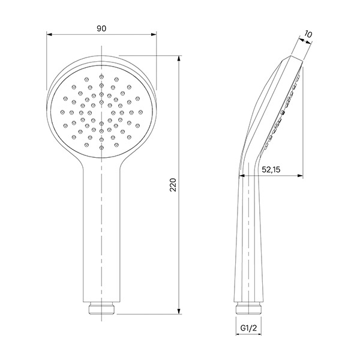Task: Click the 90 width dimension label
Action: tap(101, 29)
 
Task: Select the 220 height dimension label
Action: tap(173, 185)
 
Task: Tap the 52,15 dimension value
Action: tap(271, 170)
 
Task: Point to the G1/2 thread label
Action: tap(248, 328)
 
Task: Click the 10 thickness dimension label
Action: tap(308, 34)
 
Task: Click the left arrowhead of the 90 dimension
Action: tap(50, 34)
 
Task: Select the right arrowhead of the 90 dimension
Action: tap(154, 34)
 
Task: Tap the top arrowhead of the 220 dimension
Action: tap(179, 59)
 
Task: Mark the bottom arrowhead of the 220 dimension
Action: tap(179, 311)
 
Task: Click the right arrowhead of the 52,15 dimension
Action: tap(300, 176)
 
